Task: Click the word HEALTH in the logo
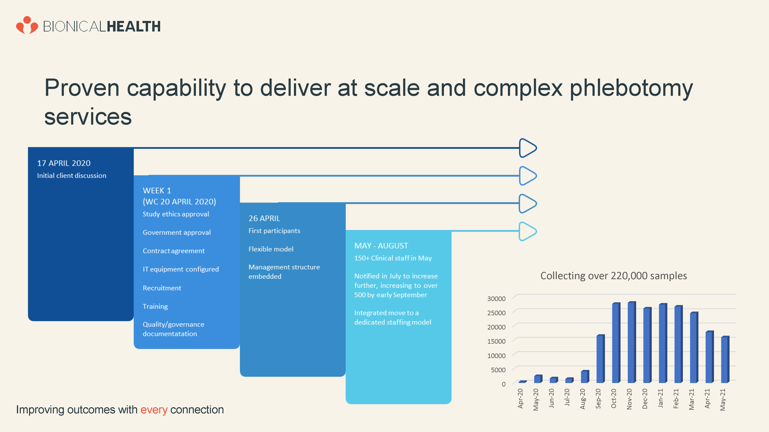134,26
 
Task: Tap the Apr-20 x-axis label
520,398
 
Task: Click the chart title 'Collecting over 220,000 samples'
613,276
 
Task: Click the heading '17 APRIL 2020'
64,163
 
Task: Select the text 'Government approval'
177,233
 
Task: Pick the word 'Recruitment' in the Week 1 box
162,288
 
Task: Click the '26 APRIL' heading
264,218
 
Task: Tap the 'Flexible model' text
271,249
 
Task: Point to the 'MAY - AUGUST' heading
381,246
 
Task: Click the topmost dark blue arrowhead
528,148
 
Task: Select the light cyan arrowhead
528,231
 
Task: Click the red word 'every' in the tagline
154,410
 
